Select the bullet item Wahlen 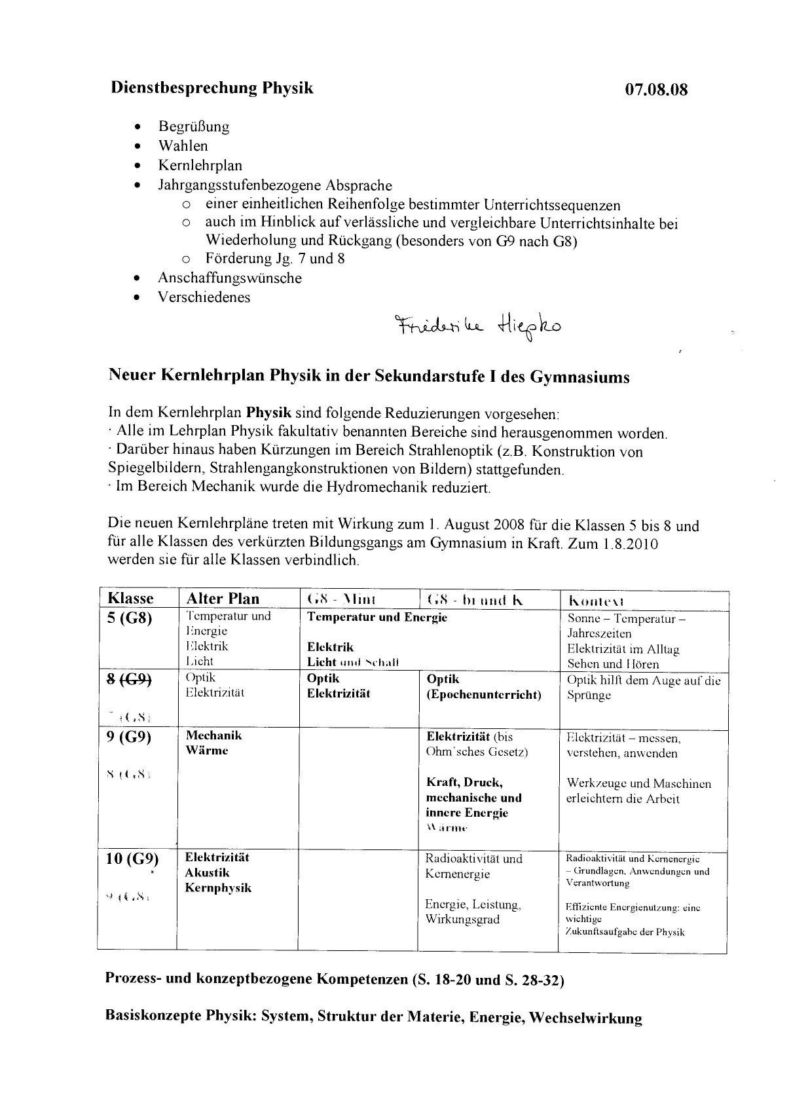183,146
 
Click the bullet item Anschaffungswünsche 229,278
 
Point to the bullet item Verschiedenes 204,297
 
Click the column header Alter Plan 223,599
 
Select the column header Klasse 130,599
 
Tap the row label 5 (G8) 129,618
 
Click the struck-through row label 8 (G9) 129,680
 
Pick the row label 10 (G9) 132,859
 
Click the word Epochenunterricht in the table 484,695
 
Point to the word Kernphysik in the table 218,888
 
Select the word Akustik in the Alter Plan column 208,872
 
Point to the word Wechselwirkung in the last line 585,1018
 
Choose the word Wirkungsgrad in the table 462,919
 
